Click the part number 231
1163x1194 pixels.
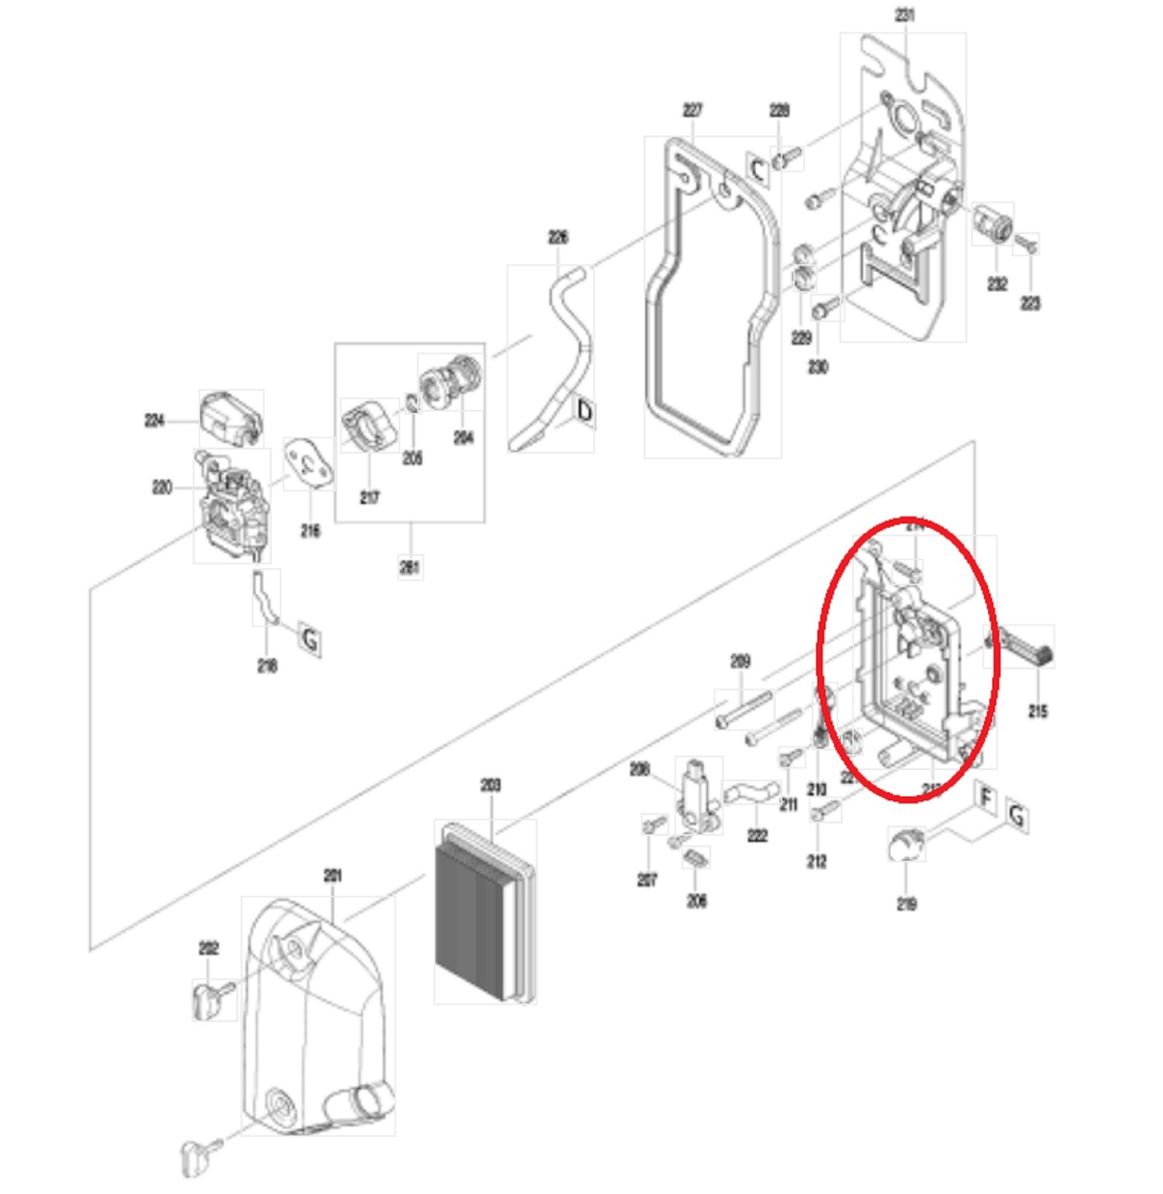[905, 15]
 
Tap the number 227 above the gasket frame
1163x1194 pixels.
[692, 110]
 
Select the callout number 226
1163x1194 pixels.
[558, 237]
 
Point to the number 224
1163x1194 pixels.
[155, 420]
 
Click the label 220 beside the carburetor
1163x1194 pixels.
[162, 487]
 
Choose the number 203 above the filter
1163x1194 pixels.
[491, 785]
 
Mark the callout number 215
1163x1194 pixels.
[1038, 711]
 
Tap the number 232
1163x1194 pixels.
[997, 284]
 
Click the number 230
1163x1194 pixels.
[818, 367]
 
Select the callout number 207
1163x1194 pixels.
[647, 880]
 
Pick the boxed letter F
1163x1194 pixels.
[985, 798]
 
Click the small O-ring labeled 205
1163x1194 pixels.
[413, 405]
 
